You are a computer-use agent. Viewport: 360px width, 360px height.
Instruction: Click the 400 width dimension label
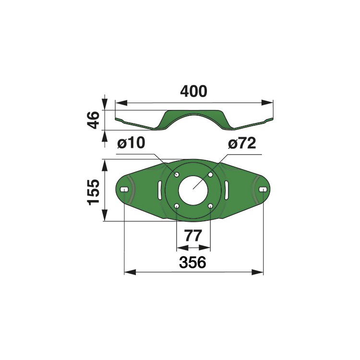pos(193,91)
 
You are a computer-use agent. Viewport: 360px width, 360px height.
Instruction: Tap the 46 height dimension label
pos(94,120)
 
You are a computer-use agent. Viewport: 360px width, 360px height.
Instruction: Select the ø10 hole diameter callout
pos(131,143)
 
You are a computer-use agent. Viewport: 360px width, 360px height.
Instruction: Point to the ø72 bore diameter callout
pos(242,143)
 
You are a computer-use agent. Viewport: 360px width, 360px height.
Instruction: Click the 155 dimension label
pos(93,192)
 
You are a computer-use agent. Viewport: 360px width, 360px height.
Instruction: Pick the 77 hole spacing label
pos(193,236)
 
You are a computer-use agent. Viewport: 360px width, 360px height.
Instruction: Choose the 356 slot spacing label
pos(192,262)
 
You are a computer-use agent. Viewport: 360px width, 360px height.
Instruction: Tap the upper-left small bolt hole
pos(177,175)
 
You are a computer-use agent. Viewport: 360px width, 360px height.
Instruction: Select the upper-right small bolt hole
pos(210,175)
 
